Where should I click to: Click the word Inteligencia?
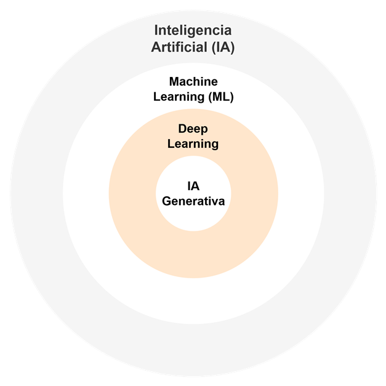click(193, 31)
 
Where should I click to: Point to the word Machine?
click(193, 81)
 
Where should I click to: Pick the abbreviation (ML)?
click(221, 97)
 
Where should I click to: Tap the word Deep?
click(193, 129)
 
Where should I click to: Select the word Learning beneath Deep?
click(193, 145)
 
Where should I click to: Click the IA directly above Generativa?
click(193, 186)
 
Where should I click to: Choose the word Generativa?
click(193, 201)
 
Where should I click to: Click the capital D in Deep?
click(182, 129)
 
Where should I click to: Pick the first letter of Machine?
click(174, 81)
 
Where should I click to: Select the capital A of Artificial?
click(156, 47)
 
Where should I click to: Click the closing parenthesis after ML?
click(231, 97)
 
